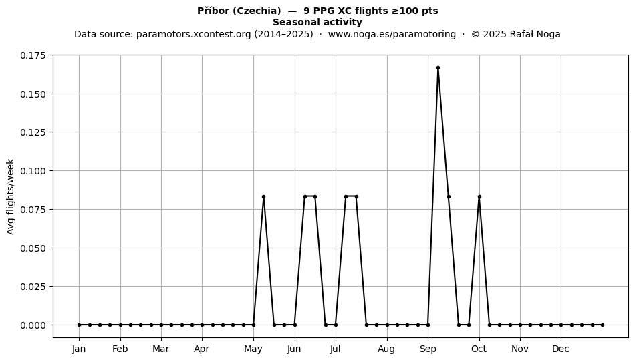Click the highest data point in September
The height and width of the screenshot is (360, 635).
point(438,68)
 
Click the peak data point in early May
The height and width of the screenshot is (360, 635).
point(263,196)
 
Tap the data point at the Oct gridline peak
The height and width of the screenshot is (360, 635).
point(479,196)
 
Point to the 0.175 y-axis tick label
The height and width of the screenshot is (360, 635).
point(33,55)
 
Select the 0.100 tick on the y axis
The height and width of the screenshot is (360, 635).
point(33,171)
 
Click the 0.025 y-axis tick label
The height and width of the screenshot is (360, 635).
point(33,287)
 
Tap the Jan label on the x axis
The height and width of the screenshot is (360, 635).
point(79,349)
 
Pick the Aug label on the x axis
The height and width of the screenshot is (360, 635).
point(386,349)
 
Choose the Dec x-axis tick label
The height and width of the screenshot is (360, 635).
point(561,349)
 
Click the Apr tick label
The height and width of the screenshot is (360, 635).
point(202,349)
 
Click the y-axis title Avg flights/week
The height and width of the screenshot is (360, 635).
point(11,196)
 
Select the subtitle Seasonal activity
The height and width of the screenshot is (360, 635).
point(317,22)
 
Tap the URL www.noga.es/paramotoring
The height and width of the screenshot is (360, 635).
point(392,34)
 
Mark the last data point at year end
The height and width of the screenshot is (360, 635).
point(603,325)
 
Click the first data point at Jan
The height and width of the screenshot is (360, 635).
point(79,325)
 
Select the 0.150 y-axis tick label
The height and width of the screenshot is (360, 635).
point(33,94)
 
